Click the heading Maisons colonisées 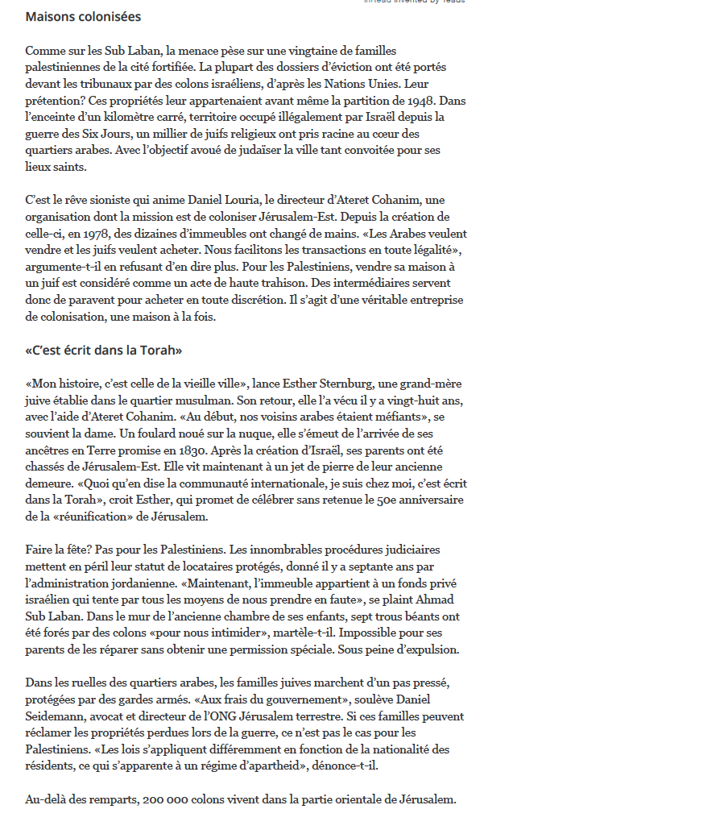(x=83, y=16)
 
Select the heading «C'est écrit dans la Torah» (x=104, y=351)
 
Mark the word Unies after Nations (x=382, y=84)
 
